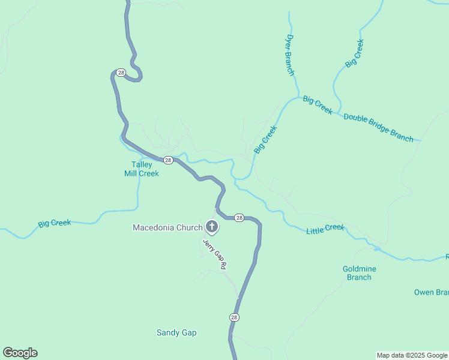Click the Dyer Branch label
click(x=290, y=55)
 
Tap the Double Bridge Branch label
click(x=378, y=127)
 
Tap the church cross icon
click(x=212, y=227)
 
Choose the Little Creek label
click(x=325, y=229)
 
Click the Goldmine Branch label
click(x=359, y=273)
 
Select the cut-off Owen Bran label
click(x=431, y=292)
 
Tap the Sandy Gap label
click(x=176, y=332)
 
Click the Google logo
click(x=20, y=353)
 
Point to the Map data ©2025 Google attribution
click(x=412, y=355)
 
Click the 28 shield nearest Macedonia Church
click(x=239, y=217)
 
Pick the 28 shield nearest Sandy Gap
click(x=234, y=317)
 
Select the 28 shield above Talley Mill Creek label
click(x=168, y=160)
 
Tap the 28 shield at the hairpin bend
click(x=121, y=73)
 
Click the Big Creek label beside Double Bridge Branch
click(x=318, y=105)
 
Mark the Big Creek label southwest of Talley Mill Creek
click(x=54, y=223)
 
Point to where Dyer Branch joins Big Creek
click(x=298, y=96)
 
